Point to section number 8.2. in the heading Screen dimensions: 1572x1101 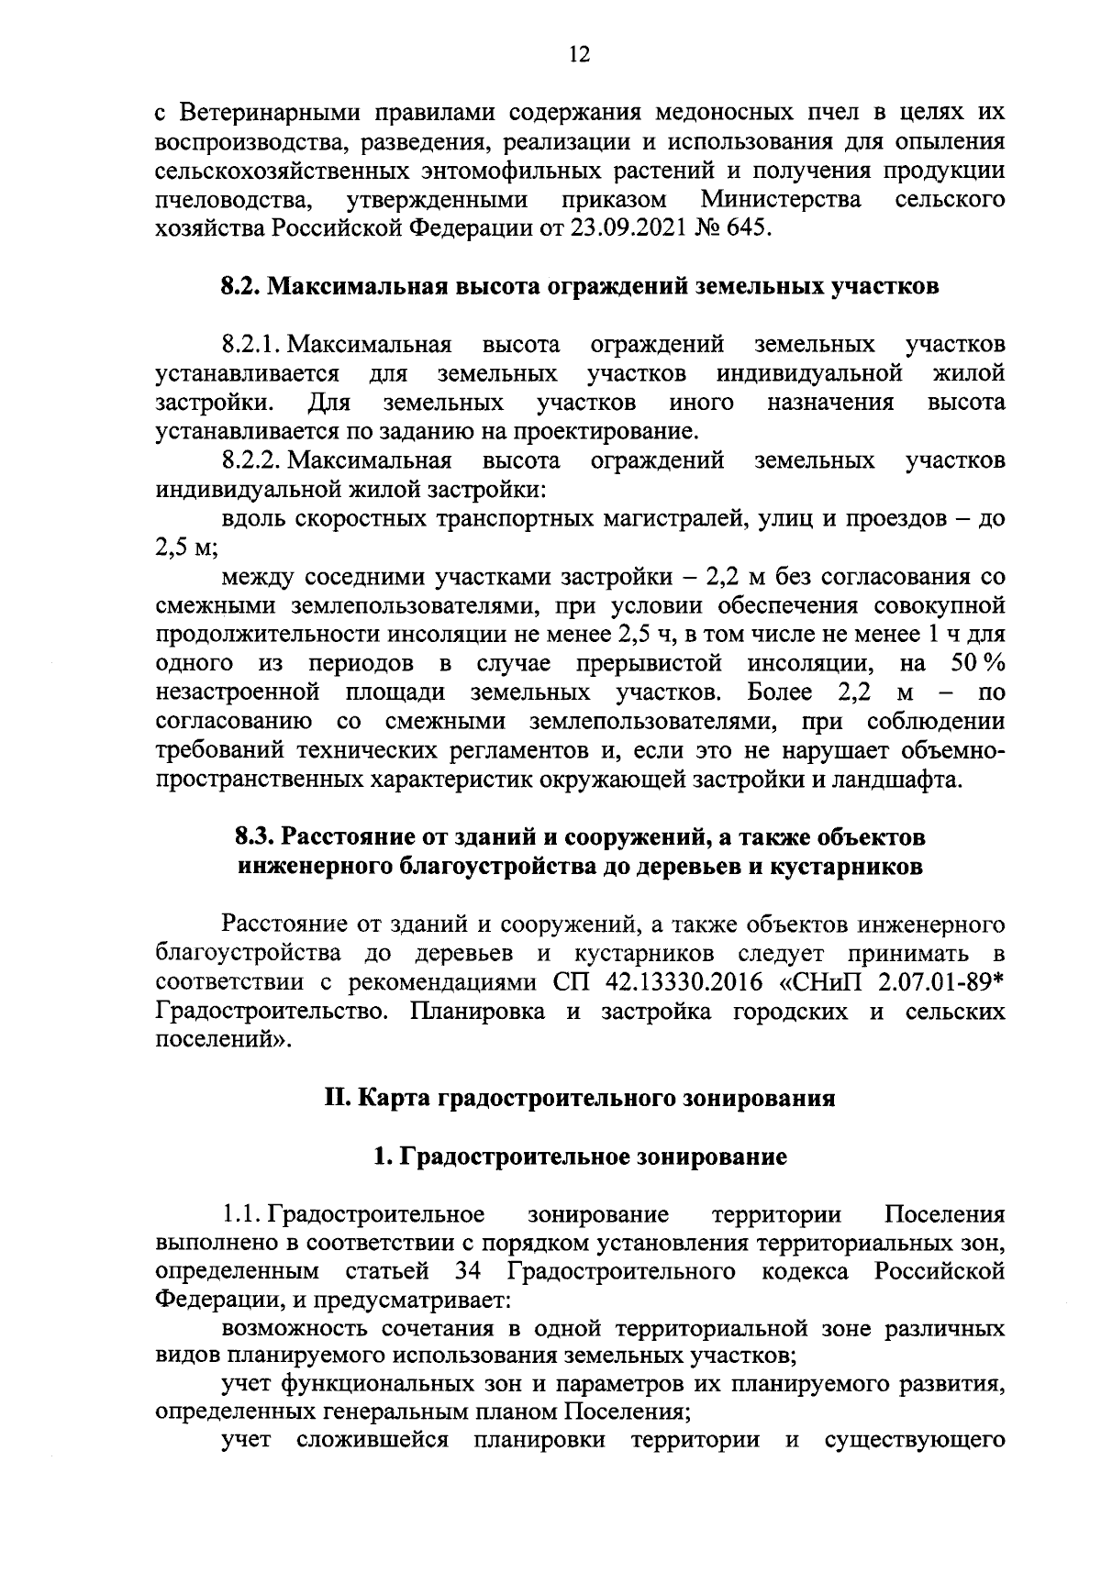click(242, 286)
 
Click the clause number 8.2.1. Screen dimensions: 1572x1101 click(252, 345)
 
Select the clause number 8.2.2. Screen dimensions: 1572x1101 click(252, 459)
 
